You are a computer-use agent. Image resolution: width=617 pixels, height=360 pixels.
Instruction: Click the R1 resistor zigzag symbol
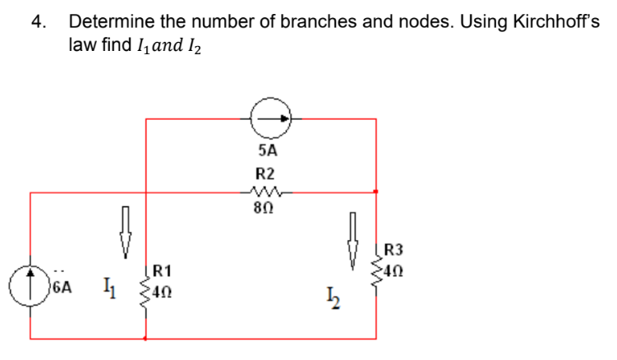pos(147,288)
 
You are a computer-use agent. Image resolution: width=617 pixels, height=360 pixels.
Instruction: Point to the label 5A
pos(267,150)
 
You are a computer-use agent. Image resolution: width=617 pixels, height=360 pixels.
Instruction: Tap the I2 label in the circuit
pos(333,299)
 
